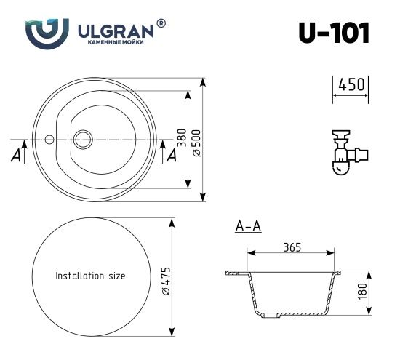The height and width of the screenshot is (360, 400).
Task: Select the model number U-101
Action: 333,33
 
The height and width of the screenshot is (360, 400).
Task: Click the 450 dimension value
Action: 351,86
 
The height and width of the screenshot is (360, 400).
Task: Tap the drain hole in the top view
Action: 83,137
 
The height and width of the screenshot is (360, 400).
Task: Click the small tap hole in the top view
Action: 49,137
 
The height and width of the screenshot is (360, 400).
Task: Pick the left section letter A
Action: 16,156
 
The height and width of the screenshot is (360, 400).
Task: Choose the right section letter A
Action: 172,156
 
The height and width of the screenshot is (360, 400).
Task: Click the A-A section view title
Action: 248,227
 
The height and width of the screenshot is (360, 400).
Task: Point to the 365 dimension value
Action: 292,248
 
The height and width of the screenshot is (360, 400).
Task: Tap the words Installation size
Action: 90,276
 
